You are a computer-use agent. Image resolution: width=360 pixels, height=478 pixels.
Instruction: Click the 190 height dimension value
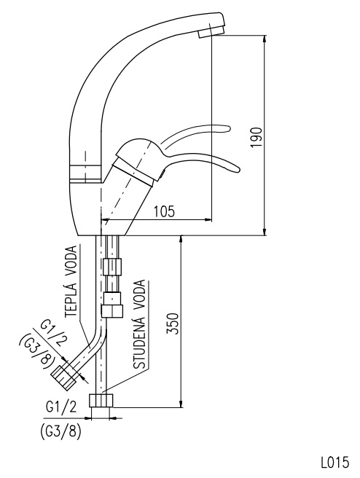pos(257,137)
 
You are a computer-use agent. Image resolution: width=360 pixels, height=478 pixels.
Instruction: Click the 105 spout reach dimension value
pos(164,211)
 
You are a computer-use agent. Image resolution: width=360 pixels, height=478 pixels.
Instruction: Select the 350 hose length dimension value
pos(173,324)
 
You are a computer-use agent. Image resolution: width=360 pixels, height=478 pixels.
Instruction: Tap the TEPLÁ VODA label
pos(71,281)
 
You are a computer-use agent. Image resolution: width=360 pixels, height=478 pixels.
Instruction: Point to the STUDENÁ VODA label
pos(140,325)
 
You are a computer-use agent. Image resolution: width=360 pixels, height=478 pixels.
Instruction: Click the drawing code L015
pos(334,462)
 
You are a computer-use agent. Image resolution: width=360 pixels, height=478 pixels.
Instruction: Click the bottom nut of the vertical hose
pos(101,401)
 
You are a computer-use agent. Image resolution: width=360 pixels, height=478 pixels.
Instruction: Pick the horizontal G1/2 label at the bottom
pos(61,407)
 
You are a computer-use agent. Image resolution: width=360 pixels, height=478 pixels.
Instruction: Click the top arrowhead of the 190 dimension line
pos(265,39)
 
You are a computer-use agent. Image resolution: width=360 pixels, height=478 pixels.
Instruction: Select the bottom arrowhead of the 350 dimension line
pos(181,403)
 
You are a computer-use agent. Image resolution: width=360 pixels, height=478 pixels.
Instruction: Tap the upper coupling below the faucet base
pos(112,267)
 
